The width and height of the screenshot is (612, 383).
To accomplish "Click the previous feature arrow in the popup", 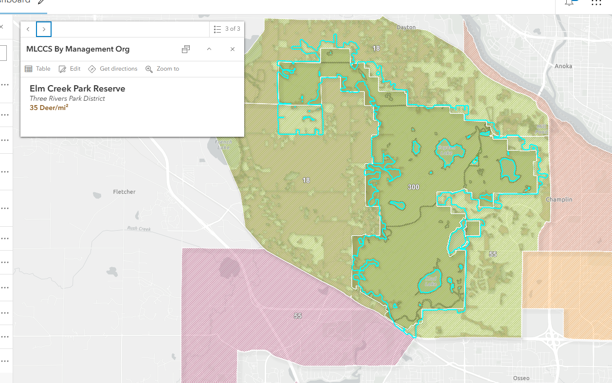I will [x=28, y=29].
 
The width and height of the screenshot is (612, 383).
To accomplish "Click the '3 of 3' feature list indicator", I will [x=227, y=29].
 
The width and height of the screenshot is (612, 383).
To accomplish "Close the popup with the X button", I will [x=233, y=49].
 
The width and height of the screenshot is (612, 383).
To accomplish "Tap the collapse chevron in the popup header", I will [x=209, y=49].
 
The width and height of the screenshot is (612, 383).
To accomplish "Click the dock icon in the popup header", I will [x=186, y=49].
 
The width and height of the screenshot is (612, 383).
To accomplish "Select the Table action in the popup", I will [x=37, y=69].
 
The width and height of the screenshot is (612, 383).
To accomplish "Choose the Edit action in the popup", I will [x=70, y=69].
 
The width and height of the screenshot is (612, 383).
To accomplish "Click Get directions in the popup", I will [x=113, y=69].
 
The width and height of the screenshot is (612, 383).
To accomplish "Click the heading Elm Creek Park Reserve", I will [x=77, y=89].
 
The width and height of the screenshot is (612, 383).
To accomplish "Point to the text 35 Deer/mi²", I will [x=49, y=108].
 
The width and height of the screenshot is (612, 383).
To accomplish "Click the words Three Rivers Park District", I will [x=67, y=98].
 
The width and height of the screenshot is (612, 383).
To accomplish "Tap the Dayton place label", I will [x=406, y=27].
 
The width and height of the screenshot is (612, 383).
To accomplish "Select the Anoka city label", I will [x=563, y=66].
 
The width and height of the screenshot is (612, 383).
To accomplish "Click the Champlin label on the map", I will [x=559, y=200].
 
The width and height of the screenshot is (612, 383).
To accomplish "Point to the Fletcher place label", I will [x=124, y=192].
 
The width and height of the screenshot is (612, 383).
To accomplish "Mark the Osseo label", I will [x=521, y=378].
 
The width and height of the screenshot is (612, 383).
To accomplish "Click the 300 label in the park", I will [x=413, y=187].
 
